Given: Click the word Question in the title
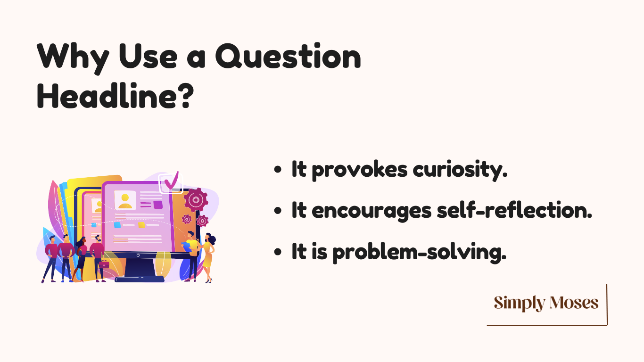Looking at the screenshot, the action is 288,56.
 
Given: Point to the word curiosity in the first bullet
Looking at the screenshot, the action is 460,170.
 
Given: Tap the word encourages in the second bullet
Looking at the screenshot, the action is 372,212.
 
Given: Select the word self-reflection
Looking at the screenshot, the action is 514,210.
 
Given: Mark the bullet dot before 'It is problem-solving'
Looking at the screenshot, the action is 278,252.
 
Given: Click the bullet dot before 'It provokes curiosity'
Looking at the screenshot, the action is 278,169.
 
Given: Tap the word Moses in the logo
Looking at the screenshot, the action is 574,303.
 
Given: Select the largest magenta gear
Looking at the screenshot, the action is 196,199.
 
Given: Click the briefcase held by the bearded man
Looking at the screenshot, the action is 104,264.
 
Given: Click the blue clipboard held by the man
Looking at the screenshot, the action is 186,246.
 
